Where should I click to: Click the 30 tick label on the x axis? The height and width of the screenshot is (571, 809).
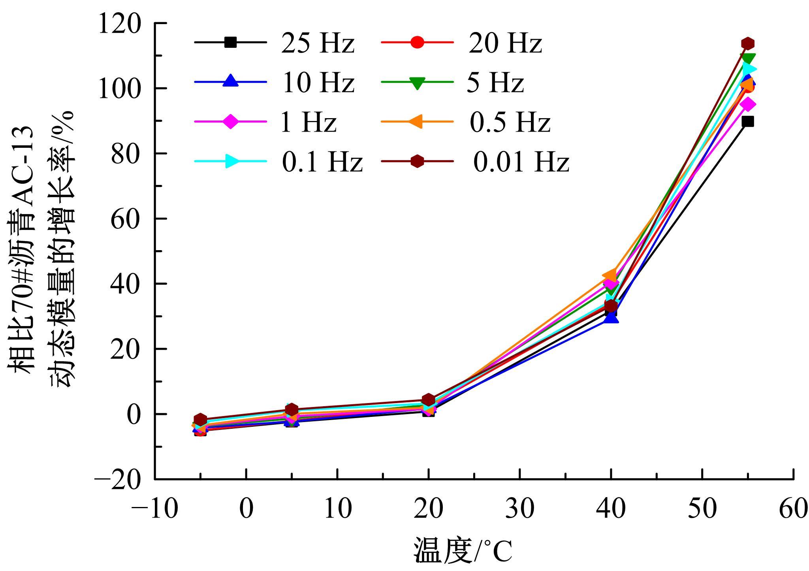(519, 509)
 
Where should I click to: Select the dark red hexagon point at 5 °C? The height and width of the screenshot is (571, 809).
(292, 409)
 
